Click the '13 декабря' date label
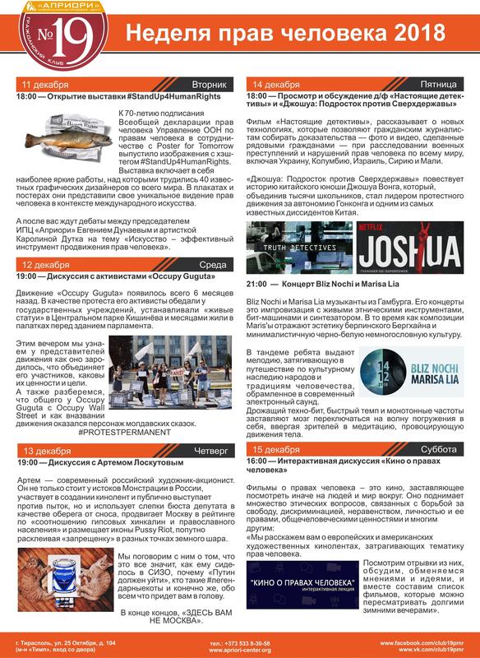[x=48, y=452]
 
